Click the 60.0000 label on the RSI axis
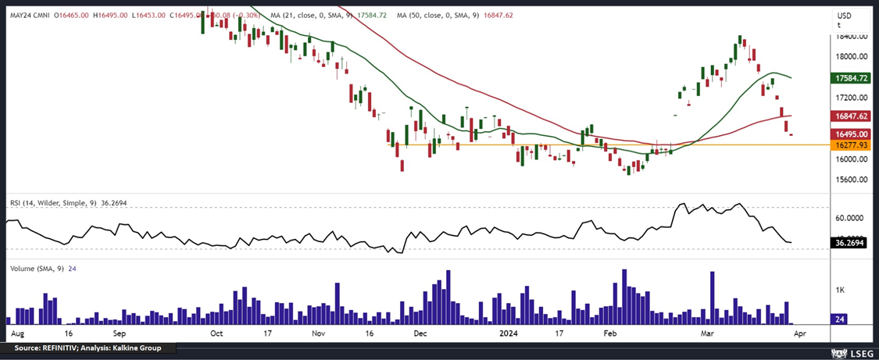point(849,219)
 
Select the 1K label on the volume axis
point(840,290)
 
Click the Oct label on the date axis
point(216,333)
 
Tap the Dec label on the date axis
point(420,333)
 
